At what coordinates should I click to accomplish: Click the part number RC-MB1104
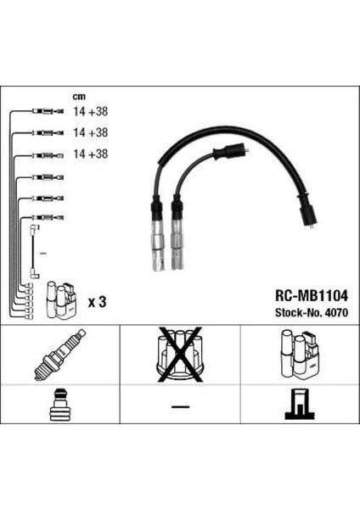312,296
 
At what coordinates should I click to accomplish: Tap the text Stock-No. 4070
312,312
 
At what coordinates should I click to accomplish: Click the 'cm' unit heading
79,97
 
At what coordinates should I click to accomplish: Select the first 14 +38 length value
90,111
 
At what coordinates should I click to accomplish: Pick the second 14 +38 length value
90,132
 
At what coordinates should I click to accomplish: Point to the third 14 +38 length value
90,154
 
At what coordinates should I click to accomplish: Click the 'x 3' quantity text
97,302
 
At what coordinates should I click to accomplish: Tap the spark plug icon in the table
59,355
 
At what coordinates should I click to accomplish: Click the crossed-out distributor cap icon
180,355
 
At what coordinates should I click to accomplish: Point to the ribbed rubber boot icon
60,405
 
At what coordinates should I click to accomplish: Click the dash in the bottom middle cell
180,406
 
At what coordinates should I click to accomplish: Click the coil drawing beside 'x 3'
62,299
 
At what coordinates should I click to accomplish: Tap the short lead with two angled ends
34,252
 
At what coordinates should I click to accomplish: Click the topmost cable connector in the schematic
48,111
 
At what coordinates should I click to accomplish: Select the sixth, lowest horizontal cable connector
48,217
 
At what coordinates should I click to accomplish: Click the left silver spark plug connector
158,234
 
